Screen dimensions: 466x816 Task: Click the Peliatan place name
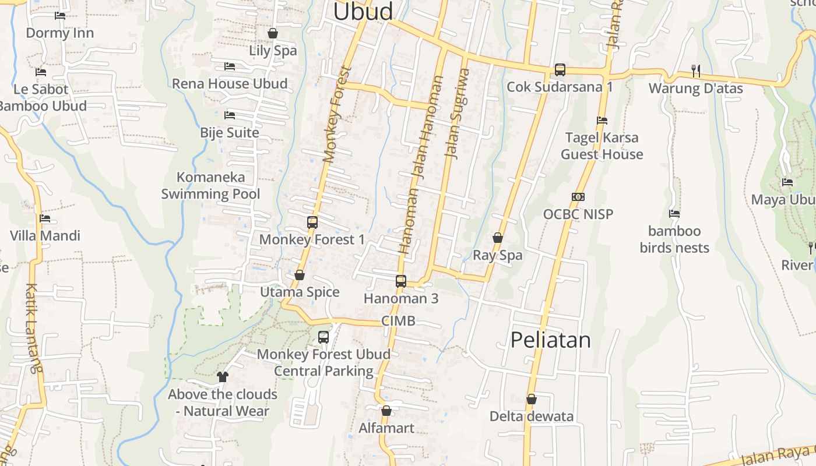[550, 340]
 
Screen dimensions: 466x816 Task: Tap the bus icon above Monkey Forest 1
[312, 222]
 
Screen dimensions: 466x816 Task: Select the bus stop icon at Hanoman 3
[400, 281]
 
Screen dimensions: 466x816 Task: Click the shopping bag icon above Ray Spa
[498, 238]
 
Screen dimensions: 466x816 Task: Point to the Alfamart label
[386, 428]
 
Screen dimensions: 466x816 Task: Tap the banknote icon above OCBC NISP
[578, 197]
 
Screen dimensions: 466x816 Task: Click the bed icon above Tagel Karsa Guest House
[602, 121]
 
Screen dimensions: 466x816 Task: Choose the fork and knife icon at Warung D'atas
[695, 70]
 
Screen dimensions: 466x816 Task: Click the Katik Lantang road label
[34, 327]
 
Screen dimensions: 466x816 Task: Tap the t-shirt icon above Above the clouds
[222, 377]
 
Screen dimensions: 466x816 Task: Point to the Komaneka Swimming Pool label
[210, 185]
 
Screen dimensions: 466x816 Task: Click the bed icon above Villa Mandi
[45, 219]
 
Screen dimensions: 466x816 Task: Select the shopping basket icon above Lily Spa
[272, 33]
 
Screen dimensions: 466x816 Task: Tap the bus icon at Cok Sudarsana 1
[560, 70]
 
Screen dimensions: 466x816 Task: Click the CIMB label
[398, 321]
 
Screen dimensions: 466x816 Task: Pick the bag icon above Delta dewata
[531, 399]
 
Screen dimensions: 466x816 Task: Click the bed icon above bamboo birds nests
[674, 214]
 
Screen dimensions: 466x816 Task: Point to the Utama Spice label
[300, 292]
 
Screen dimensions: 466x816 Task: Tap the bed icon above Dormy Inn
[60, 16]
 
